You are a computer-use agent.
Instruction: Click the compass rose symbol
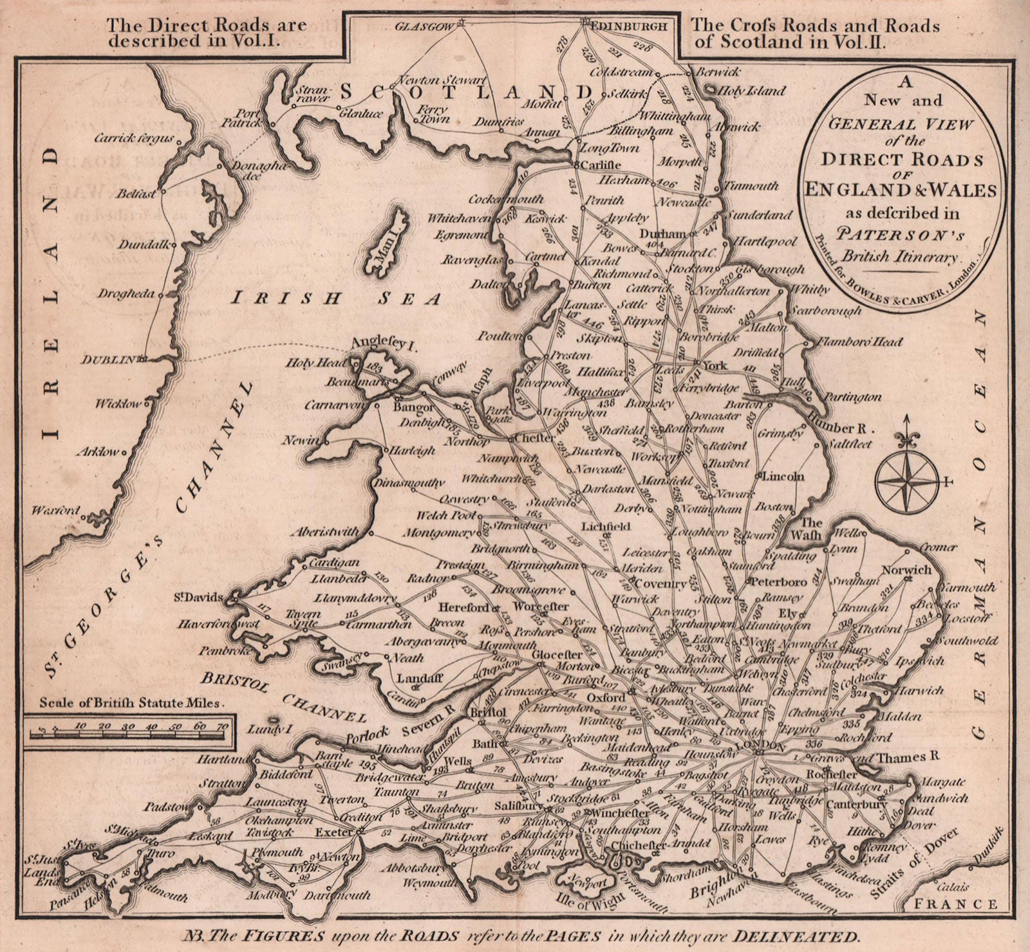[906, 480]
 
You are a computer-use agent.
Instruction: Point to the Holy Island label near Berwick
[751, 91]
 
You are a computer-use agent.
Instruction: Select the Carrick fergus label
[134, 138]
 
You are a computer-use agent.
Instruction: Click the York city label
[715, 366]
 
